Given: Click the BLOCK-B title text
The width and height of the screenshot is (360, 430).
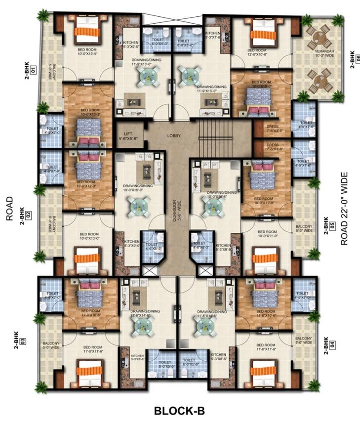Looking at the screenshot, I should [179, 411].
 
